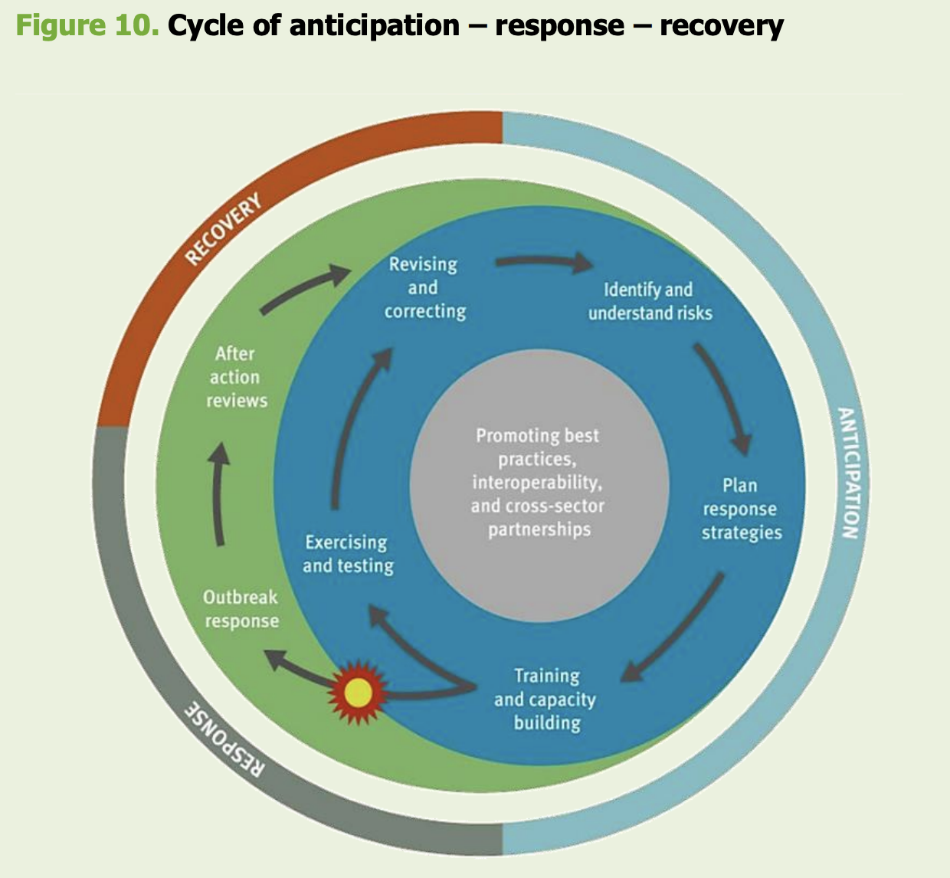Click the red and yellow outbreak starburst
click(358, 693)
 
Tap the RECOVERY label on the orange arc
click(223, 229)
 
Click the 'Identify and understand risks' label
click(650, 301)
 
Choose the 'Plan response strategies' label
click(741, 509)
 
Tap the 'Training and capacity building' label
click(545, 699)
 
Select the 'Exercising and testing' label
click(348, 554)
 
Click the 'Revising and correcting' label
click(424, 287)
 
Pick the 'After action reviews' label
click(236, 377)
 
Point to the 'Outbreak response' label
click(241, 609)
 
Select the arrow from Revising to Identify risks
click(544, 263)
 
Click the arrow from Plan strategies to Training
click(674, 628)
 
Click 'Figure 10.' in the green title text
click(87, 25)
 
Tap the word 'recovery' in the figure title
click(721, 25)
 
